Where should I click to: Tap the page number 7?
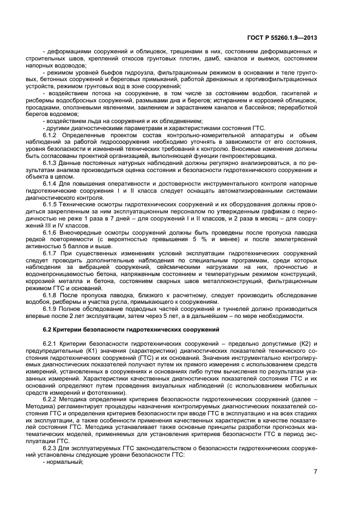(315, 471)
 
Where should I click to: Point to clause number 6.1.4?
(51, 183)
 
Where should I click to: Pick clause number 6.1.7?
(51, 254)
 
